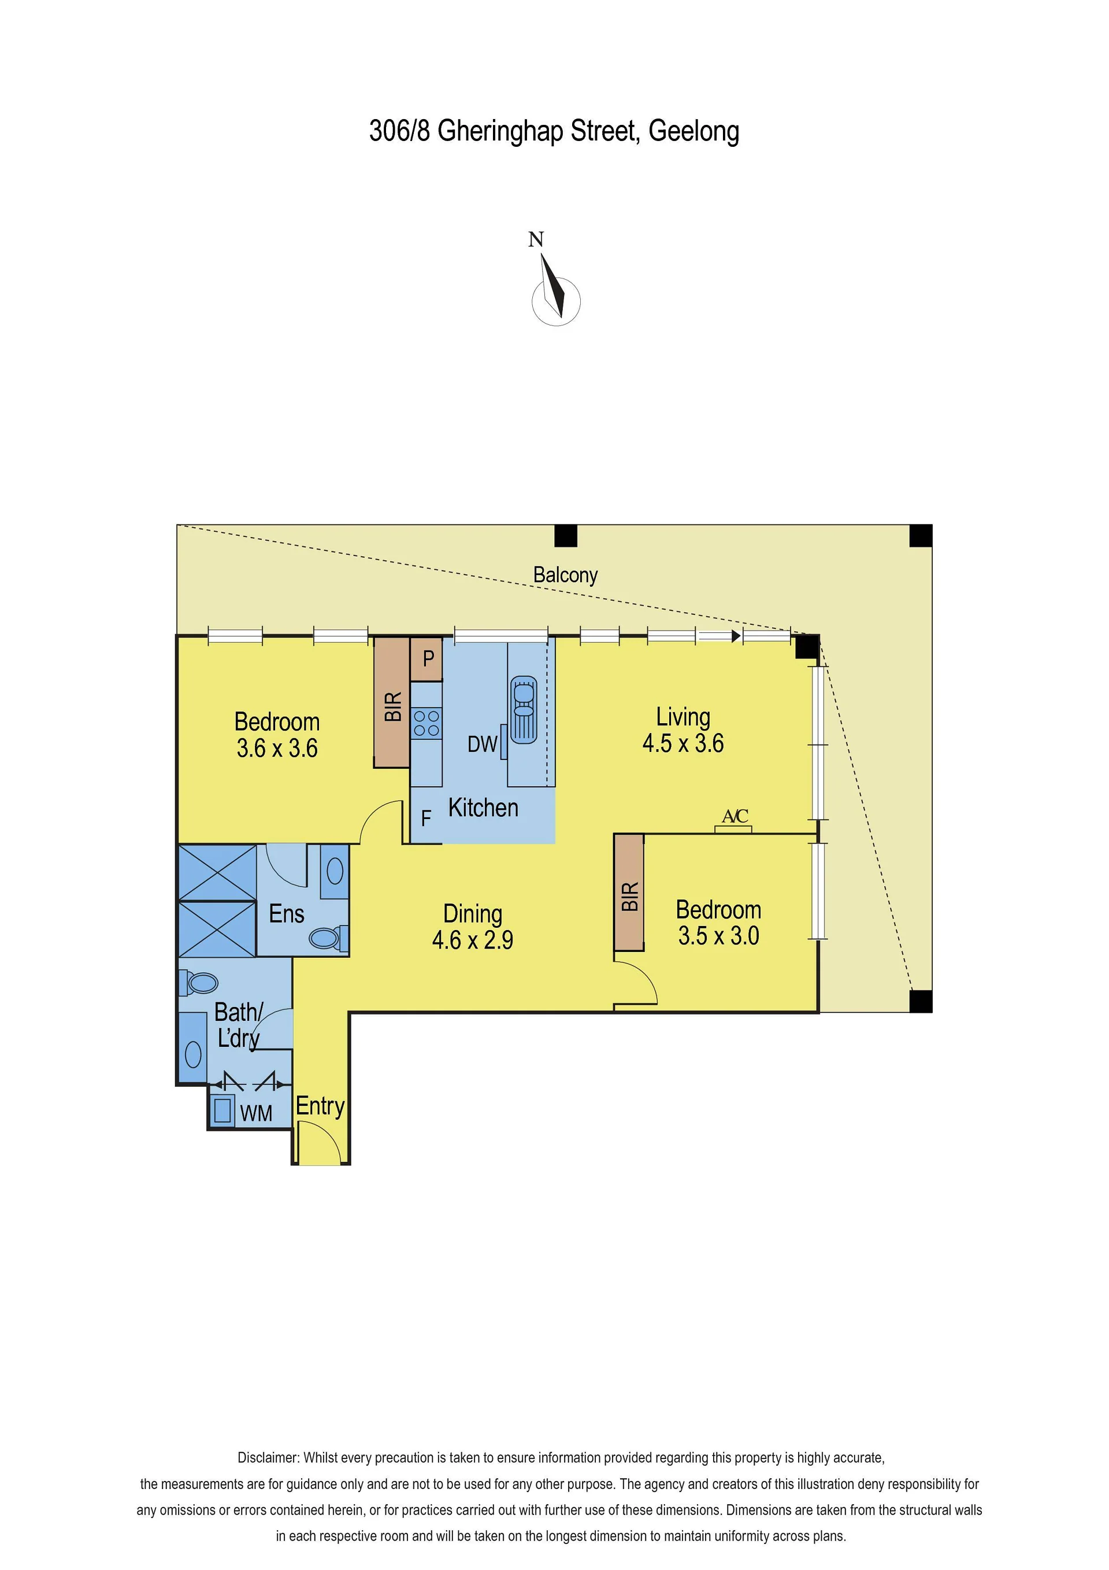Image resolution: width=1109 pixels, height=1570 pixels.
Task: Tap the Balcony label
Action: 565,576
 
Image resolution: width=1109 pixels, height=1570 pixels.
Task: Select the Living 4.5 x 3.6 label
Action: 683,730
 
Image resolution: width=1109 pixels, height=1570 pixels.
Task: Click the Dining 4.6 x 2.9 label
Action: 473,927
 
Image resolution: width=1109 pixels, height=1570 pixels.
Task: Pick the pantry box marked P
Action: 426,659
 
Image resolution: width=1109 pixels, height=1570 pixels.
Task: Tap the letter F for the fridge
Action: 426,818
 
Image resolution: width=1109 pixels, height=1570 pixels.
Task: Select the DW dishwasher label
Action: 482,744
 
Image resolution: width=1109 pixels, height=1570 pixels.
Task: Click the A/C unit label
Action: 735,816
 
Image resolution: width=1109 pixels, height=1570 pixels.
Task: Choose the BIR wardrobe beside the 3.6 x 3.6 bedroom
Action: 392,702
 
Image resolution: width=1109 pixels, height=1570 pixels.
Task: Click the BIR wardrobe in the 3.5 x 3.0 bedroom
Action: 629,893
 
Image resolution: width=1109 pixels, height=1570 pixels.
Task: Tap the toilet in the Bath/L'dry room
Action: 198,984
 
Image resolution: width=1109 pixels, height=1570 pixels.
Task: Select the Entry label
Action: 320,1106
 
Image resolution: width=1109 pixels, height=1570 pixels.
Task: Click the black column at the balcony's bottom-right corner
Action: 921,1001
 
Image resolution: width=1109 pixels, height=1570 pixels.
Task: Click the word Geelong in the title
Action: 693,131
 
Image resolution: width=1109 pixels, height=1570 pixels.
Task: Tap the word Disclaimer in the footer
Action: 268,1458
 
